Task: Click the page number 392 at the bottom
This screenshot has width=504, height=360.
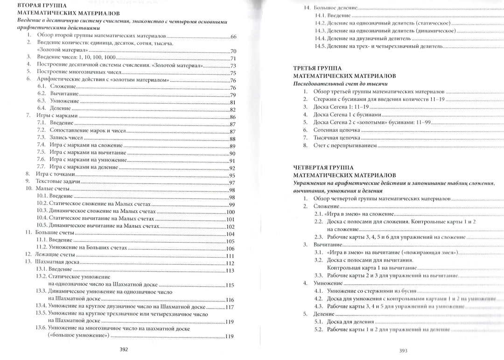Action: (x=124, y=349)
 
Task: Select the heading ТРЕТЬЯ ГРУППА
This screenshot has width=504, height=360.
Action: (x=317, y=68)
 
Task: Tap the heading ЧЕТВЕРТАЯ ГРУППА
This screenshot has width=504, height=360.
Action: (x=323, y=167)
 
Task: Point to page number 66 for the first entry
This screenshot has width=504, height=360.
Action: (x=234, y=36)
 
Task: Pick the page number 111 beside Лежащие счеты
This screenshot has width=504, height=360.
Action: (x=230, y=256)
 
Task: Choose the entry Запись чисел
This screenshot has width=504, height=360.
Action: (x=66, y=139)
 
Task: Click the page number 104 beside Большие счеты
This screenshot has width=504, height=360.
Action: (x=230, y=234)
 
